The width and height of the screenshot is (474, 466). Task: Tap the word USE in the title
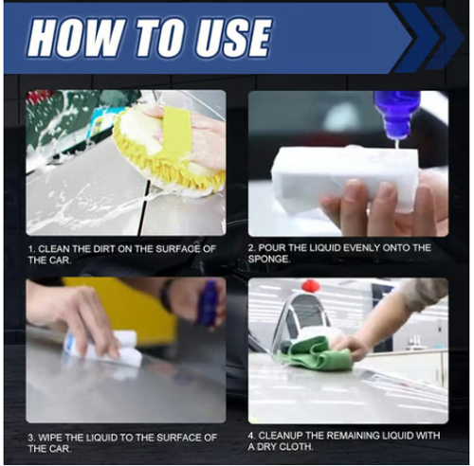click(232, 38)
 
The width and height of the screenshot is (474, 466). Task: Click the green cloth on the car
click(316, 353)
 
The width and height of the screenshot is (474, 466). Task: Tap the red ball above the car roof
click(310, 286)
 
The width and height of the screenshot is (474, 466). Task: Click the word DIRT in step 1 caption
click(104, 249)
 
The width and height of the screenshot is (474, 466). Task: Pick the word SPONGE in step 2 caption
click(268, 260)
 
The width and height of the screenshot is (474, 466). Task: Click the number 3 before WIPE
click(31, 438)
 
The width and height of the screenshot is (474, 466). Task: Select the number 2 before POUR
click(251, 248)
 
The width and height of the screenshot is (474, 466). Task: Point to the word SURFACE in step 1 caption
click(177, 249)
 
